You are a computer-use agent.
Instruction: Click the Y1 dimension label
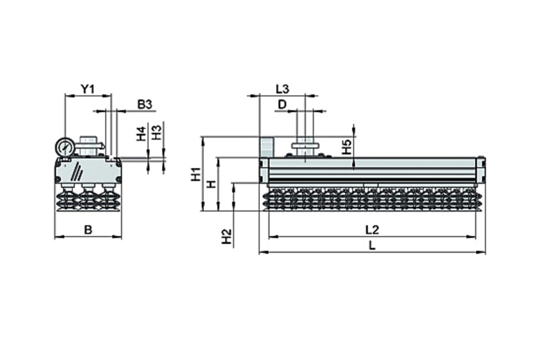[87, 89]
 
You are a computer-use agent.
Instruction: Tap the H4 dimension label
[141, 134]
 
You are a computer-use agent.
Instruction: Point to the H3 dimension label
[156, 132]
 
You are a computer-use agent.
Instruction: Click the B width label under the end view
[88, 230]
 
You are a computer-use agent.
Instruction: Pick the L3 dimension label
[282, 89]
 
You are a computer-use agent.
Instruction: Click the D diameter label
[282, 104]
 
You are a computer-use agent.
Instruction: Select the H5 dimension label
[347, 147]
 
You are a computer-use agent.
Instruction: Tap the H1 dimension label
[196, 174]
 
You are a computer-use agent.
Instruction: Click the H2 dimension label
[227, 236]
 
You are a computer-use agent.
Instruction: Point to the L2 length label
[372, 230]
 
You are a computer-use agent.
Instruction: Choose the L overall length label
[373, 246]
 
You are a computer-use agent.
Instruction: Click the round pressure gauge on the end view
[64, 147]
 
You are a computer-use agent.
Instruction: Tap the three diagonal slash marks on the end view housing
[78, 171]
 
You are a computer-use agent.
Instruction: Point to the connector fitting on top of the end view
[89, 145]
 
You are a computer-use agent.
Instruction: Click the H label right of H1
[212, 184]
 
